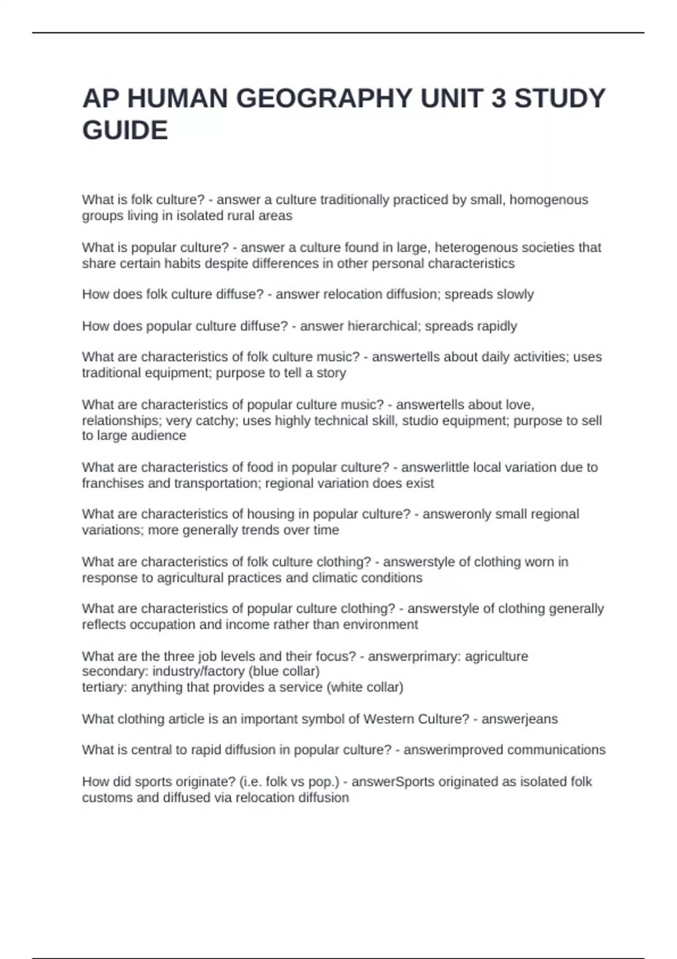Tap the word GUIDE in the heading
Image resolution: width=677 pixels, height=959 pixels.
(125, 130)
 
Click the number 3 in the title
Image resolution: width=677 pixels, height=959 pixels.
(498, 99)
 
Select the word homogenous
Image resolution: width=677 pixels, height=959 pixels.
(548, 200)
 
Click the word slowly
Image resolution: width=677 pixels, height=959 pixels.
(512, 294)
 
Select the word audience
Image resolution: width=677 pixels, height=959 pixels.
(159, 435)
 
